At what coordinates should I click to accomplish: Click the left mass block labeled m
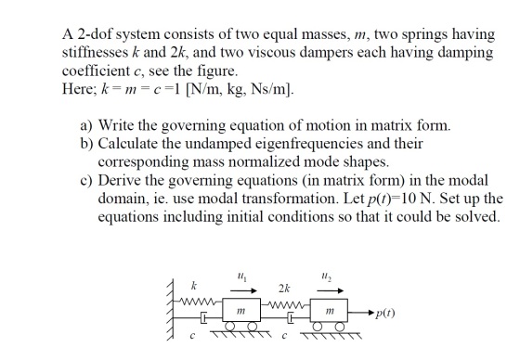point(241,310)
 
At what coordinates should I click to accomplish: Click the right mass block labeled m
point(329,310)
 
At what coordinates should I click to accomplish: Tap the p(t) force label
point(385,314)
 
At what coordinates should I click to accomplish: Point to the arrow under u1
point(243,290)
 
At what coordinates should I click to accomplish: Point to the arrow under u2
point(331,290)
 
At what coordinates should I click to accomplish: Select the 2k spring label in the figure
point(284,289)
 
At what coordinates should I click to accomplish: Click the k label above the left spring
point(194,286)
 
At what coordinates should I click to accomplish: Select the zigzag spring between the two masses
point(286,304)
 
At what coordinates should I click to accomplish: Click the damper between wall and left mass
point(203,318)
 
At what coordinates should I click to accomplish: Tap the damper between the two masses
point(291,318)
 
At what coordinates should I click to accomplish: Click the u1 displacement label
point(242,276)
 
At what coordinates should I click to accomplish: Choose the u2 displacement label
point(327,276)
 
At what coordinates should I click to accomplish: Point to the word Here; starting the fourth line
point(79,88)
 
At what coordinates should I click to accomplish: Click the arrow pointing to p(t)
point(361,313)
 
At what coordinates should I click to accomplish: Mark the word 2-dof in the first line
point(95,34)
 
